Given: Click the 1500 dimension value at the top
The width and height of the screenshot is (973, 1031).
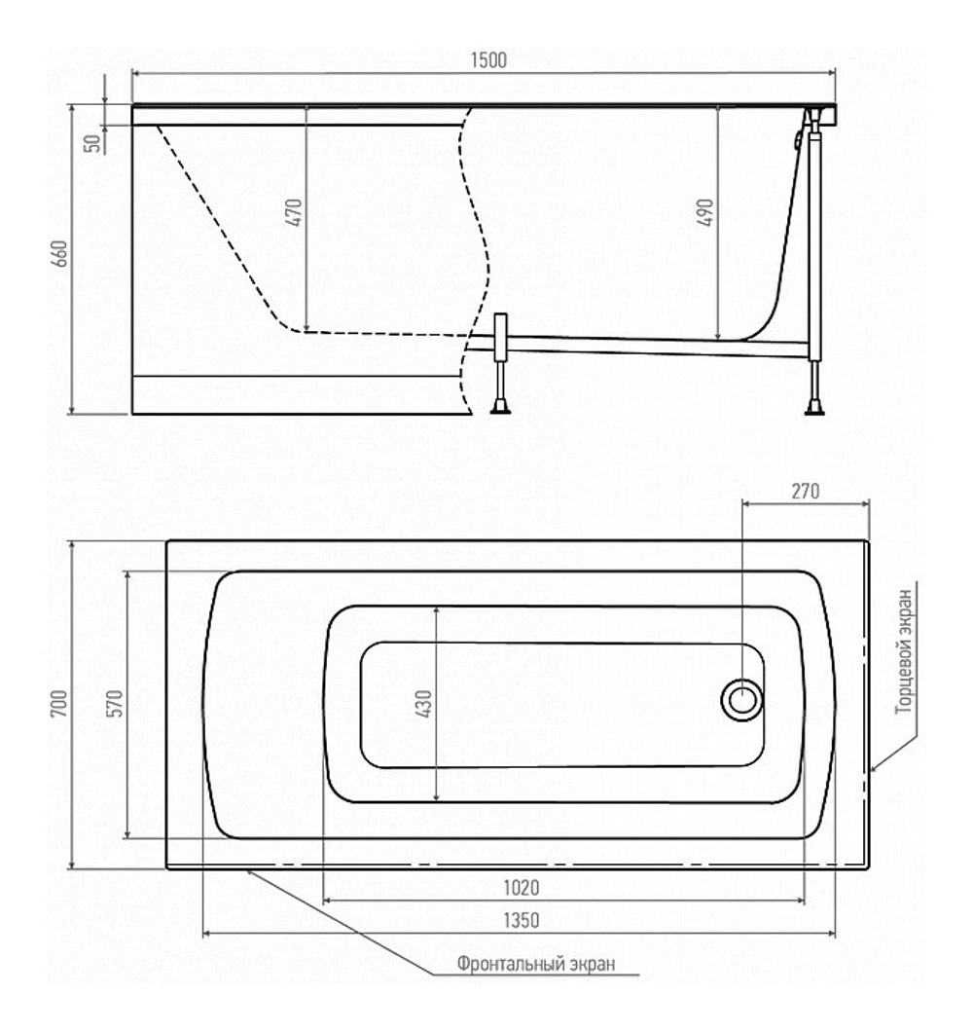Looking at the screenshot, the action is click(488, 59).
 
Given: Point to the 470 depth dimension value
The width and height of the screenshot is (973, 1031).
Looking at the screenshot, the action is click(294, 212).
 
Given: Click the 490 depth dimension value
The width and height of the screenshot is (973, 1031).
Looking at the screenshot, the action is click(705, 212).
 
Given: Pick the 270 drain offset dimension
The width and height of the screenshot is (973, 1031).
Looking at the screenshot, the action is click(805, 492).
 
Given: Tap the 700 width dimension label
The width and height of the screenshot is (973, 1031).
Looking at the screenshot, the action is click(59, 704).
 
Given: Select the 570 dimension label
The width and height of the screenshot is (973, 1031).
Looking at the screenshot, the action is click(115, 704).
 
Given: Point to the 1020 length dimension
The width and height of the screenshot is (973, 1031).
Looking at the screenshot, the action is click(521, 888).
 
